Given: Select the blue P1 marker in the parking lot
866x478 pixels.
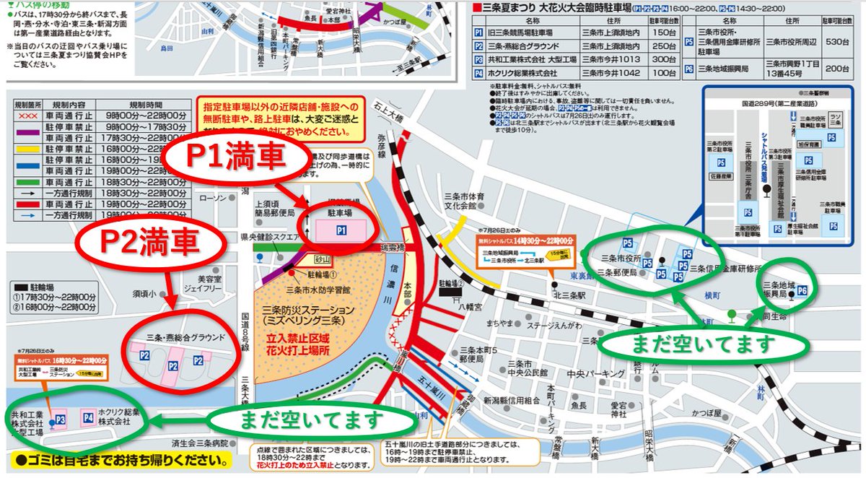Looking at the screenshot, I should point(341,230).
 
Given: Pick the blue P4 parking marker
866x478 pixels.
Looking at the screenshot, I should point(88,417).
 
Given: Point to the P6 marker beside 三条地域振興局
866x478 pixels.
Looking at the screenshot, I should point(801,291).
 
